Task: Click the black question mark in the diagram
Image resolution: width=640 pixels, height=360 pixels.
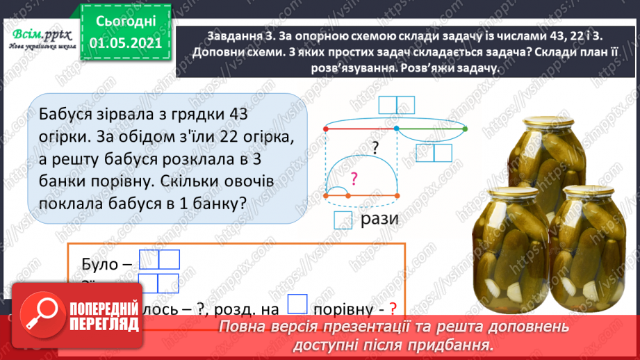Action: (x=375, y=147)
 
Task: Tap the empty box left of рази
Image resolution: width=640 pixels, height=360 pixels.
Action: (x=343, y=220)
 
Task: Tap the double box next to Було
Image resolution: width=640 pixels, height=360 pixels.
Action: (x=159, y=260)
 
